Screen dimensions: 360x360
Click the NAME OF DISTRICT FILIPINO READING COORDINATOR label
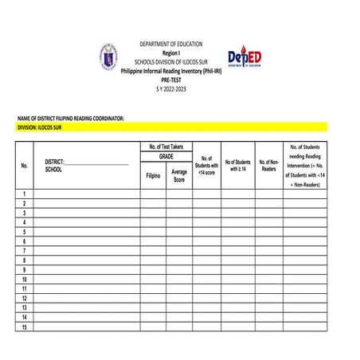pyautogui.click(x=71, y=118)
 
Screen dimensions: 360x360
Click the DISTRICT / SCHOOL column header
pyautogui.click(x=86, y=165)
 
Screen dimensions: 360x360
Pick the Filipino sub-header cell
pyautogui.click(x=153, y=175)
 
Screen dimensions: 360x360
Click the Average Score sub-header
pyautogui.click(x=179, y=175)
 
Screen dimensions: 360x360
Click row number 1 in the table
pyautogui.click(x=25, y=194)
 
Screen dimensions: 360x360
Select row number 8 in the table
pyautogui.click(x=25, y=260)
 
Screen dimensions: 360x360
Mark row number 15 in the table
pyautogui.click(x=25, y=327)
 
